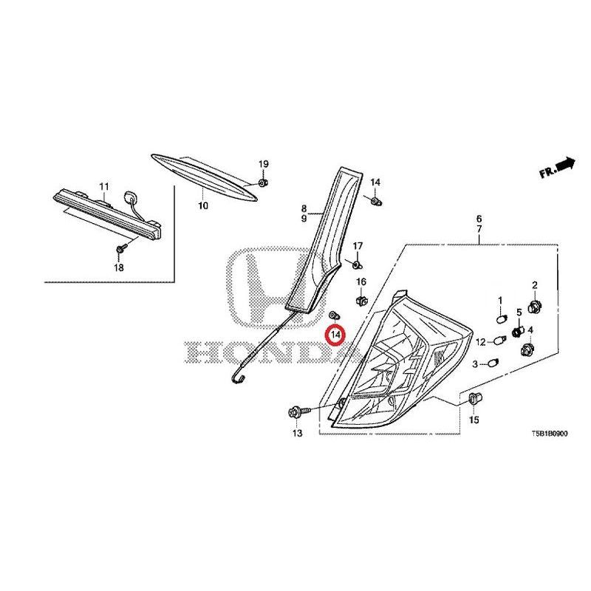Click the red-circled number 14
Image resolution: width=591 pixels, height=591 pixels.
[335, 335]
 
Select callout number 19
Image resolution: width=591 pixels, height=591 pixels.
[264, 164]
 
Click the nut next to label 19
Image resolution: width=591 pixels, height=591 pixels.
[263, 182]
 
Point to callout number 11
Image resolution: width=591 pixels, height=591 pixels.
[104, 186]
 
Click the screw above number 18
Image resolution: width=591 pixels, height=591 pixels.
[121, 248]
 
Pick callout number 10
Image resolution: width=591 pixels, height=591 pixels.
[202, 206]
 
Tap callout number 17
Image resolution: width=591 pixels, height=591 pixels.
[358, 246]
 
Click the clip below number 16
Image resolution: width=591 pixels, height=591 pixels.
[361, 301]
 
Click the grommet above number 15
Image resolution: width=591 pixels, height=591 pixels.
[474, 397]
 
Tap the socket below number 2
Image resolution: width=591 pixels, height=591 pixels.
[533, 306]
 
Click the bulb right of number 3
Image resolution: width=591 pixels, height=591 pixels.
[493, 363]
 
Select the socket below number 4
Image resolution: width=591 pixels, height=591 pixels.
[527, 350]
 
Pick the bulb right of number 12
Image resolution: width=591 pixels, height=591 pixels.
[499, 341]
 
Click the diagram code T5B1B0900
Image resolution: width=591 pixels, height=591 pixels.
[549, 434]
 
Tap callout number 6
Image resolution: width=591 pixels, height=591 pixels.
[479, 219]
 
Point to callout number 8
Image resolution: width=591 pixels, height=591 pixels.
[304, 208]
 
